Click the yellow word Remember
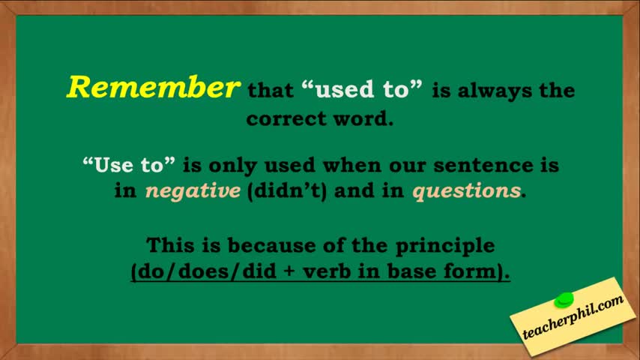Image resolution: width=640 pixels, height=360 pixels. coord(153,87)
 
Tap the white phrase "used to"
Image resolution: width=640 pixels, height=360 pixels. coord(362,89)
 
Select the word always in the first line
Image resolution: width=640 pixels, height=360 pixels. coord(495,91)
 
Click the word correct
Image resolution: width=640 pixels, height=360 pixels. coord(286,119)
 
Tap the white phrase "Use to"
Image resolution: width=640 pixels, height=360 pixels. coord(129,165)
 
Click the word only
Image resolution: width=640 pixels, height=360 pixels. coord(232,166)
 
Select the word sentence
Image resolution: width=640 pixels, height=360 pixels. coord(483,166)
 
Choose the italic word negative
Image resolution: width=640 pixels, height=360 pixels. coord(193,191)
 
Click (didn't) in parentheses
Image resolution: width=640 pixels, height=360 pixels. coord(287,191)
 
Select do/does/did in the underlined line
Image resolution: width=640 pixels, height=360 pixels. coord(208,271)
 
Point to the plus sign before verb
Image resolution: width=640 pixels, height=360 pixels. coord(289,271)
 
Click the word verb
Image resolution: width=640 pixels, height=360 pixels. coord(327,271)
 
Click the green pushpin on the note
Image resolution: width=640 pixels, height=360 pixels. coord(564,300)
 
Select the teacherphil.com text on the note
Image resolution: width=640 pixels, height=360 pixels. coord(573,317)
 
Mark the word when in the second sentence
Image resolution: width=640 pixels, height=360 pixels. coord(351,165)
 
